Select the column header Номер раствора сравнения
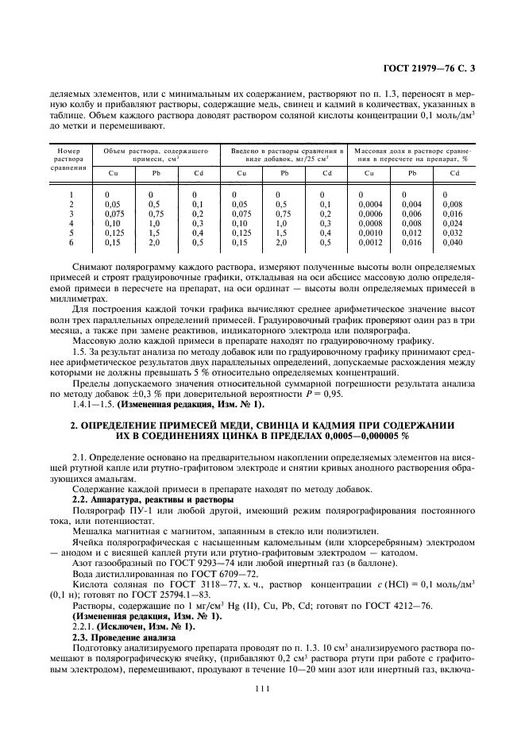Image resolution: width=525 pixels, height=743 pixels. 70,159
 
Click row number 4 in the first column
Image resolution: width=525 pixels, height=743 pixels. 71,222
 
